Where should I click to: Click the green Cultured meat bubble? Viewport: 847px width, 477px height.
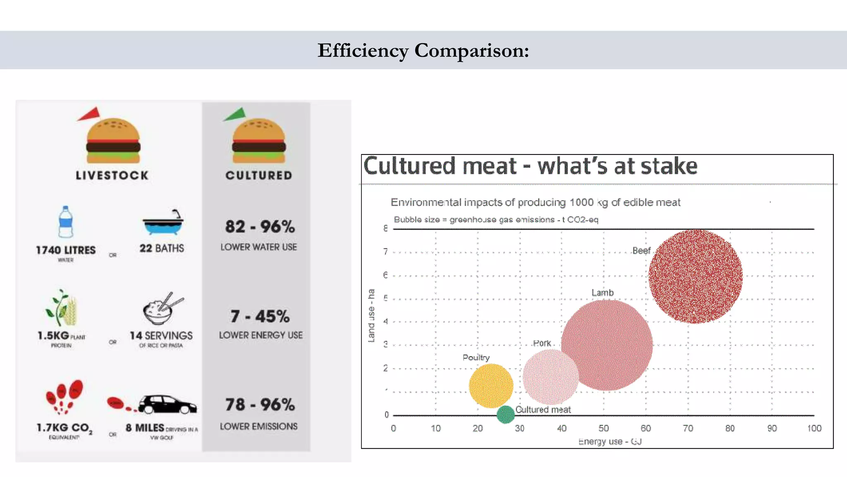[x=505, y=414]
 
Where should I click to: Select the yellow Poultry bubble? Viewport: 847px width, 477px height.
[x=491, y=385]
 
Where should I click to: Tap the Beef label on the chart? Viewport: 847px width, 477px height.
[x=641, y=251]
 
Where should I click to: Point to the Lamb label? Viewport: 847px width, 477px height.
[x=602, y=293]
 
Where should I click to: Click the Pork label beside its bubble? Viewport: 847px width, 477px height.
[x=542, y=343]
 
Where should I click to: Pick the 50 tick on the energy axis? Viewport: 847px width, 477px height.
[x=603, y=428]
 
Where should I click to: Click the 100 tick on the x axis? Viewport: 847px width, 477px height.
[x=814, y=428]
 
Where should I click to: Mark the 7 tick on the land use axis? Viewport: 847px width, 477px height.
[x=385, y=252]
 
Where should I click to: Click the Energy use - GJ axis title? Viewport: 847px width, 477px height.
[x=610, y=441]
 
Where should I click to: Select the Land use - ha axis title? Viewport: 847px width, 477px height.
[x=371, y=316]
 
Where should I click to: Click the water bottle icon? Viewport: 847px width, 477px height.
[x=66, y=222]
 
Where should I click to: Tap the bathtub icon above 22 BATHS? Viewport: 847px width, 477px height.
[x=163, y=223]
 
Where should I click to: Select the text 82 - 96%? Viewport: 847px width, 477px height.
[x=260, y=226]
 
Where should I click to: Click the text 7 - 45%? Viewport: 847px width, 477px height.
[x=260, y=316]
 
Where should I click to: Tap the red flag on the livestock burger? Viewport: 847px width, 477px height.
[x=90, y=114]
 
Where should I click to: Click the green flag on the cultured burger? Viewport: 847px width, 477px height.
[x=235, y=114]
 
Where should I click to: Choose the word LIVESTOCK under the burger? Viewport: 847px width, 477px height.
[x=112, y=176]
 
